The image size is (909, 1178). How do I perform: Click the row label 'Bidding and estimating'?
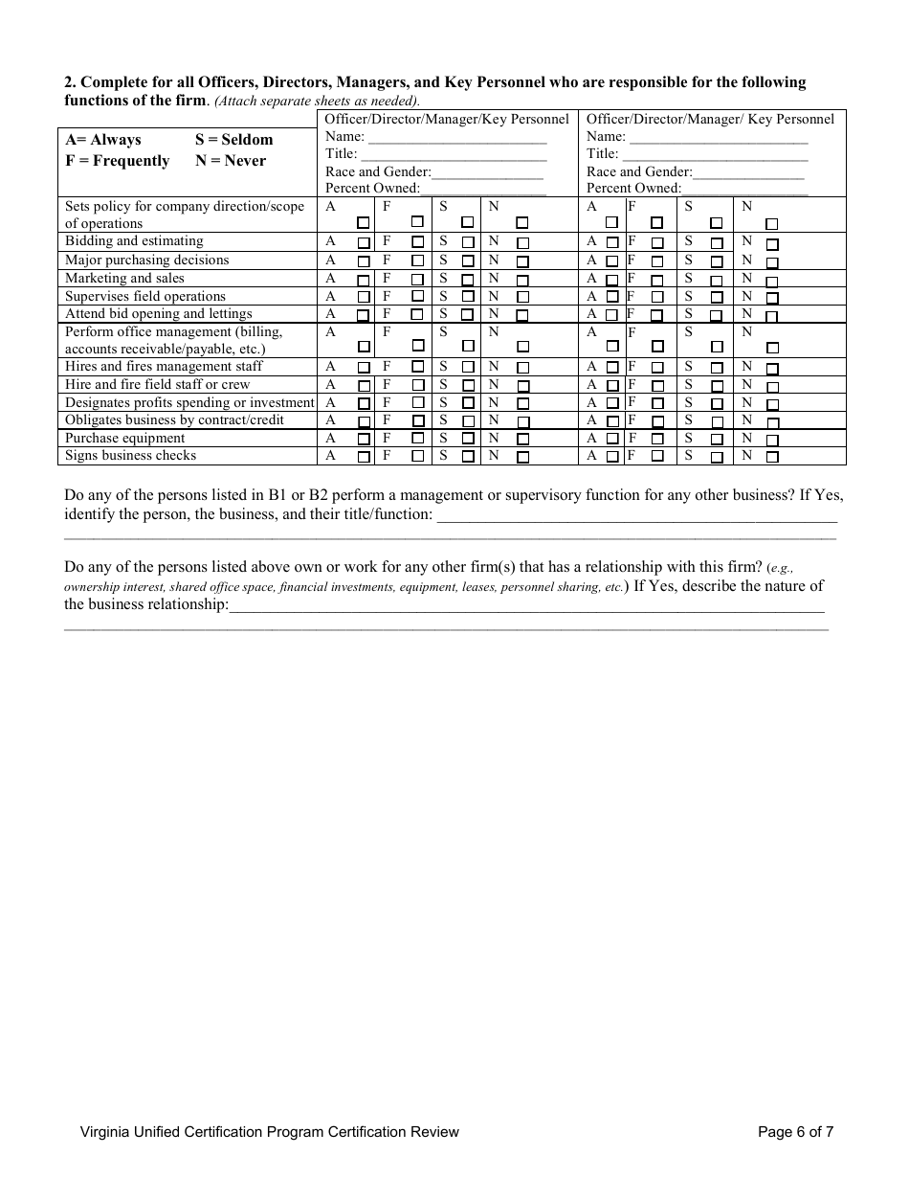[134, 241]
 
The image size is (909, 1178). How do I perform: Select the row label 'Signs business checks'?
[130, 456]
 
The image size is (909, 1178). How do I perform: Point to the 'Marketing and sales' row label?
[124, 279]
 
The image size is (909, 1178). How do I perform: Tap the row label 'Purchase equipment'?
[124, 439]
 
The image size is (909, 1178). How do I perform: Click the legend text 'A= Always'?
[102, 140]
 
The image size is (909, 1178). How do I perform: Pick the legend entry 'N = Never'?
[231, 161]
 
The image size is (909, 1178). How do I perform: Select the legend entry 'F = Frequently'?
[117, 161]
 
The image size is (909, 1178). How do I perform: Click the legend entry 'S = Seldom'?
[233, 140]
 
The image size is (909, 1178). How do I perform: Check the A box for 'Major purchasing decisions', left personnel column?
[364, 261]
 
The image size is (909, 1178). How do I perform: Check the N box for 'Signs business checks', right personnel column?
[772, 458]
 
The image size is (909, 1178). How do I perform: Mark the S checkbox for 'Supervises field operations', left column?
[468, 297]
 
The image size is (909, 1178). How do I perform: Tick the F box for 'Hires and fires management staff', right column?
[657, 368]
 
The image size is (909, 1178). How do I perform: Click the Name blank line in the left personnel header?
[457, 138]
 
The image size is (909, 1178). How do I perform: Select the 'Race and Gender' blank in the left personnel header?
[488, 173]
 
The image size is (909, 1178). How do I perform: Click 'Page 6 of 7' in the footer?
[795, 1132]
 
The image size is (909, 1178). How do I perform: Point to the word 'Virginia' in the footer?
[105, 1132]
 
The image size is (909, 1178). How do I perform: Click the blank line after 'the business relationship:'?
[526, 606]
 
